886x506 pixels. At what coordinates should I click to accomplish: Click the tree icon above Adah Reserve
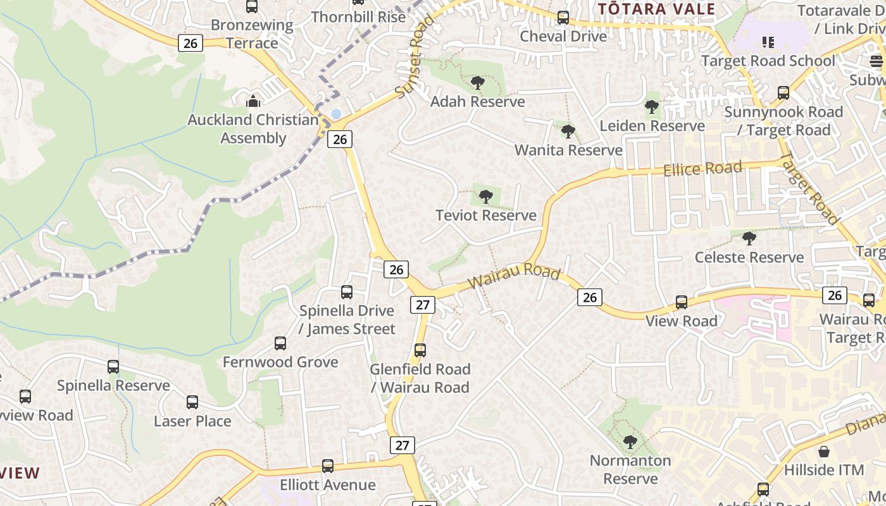(478, 83)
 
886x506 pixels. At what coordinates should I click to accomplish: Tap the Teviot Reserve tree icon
(485, 197)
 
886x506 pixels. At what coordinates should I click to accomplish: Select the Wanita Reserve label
(568, 151)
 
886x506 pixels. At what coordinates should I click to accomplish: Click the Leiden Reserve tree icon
(652, 107)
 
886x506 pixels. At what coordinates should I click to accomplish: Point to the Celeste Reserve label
(749, 257)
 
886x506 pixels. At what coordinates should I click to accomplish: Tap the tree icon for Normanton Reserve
(630, 441)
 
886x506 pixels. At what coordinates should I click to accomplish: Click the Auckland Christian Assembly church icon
(253, 101)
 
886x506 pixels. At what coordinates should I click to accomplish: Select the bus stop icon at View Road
(682, 302)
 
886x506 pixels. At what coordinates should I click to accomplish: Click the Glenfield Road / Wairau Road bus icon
(420, 350)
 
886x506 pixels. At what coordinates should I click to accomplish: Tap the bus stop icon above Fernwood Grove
(280, 343)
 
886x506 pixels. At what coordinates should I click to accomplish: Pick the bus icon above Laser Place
(192, 402)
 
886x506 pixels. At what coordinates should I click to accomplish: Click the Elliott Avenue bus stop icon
(328, 466)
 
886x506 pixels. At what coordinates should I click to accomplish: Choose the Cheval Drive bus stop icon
(563, 18)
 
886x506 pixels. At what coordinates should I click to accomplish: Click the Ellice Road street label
(702, 169)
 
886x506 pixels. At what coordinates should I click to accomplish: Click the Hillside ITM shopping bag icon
(824, 452)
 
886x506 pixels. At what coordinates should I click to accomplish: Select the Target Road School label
(768, 61)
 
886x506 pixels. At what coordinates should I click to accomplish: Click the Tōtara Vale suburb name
(656, 9)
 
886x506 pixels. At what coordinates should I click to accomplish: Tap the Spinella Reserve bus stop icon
(113, 367)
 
